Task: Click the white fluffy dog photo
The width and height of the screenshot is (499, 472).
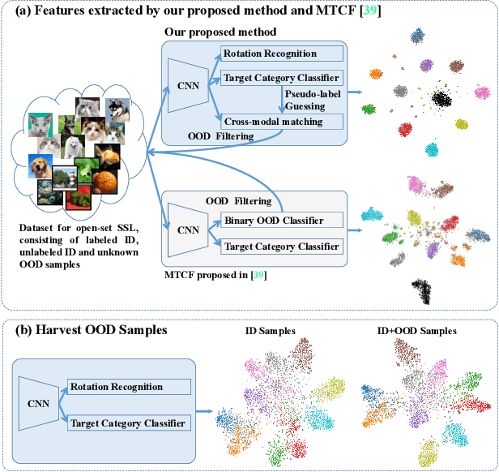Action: click(x=75, y=144)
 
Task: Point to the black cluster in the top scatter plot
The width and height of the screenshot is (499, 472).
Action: click(x=441, y=98)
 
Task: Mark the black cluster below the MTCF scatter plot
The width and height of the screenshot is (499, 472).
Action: click(x=423, y=290)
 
